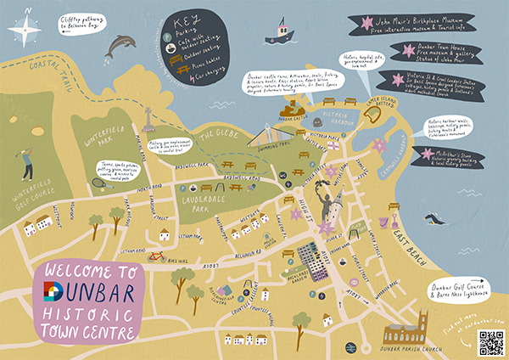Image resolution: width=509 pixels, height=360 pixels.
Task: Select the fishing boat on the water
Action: point(279,31)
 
